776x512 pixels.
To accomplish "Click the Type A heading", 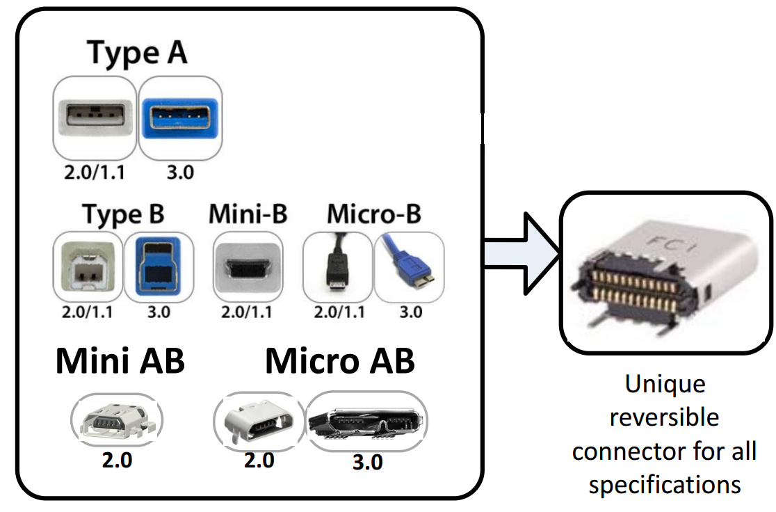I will (137, 53).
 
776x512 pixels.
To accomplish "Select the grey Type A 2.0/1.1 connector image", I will (95, 116).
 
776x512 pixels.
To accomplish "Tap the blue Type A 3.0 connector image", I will (180, 116).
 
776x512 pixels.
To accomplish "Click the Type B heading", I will (123, 214).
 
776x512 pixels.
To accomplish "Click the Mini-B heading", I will (248, 214).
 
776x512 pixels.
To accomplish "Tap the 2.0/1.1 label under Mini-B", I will (248, 311).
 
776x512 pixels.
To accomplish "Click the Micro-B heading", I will (374, 214).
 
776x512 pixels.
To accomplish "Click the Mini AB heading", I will (120, 362).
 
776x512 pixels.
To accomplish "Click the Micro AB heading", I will (340, 362).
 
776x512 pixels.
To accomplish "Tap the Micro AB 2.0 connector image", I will (259, 422).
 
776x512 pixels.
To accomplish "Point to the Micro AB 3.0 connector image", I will (366, 422).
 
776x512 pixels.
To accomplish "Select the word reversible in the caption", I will (664, 417).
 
